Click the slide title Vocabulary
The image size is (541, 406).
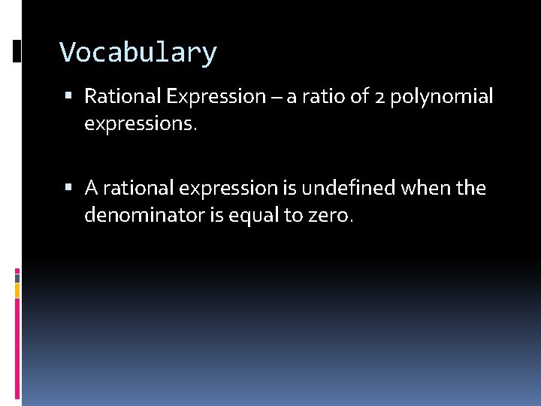138,53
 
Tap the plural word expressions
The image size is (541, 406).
140,125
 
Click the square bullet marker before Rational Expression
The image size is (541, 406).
69,96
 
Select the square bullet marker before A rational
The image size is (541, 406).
69,187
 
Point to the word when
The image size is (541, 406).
425,187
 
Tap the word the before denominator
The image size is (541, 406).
470,187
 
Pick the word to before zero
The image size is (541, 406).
295,216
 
